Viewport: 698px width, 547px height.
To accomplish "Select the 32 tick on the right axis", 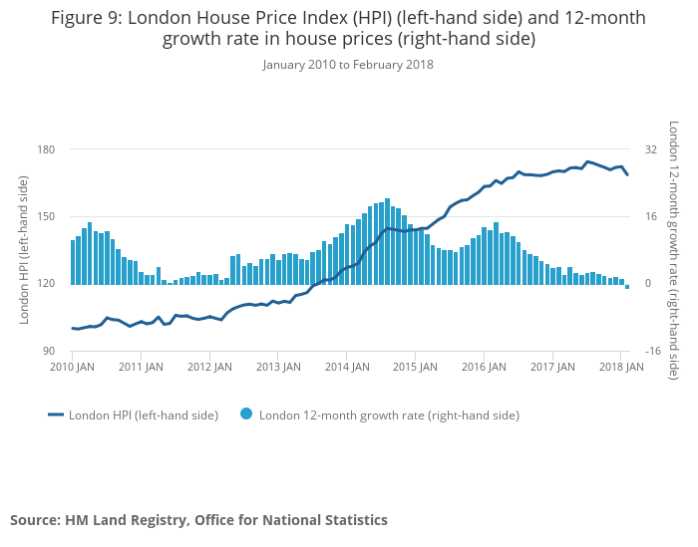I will pos(651,149).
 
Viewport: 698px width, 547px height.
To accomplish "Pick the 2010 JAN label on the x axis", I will pos(72,367).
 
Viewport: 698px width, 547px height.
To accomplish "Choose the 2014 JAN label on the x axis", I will pos(345,367).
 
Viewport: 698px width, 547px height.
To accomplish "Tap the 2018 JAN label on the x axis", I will pos(620,367).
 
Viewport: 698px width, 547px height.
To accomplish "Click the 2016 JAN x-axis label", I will pos(483,367).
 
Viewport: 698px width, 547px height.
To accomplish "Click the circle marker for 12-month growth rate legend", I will pos(246,414).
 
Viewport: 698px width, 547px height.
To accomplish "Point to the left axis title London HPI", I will pos(25,249).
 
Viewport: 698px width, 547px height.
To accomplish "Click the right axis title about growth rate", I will pos(674,249).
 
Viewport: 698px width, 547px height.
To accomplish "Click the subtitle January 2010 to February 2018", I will pos(348,65).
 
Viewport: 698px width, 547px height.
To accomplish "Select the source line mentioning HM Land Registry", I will pos(198,519).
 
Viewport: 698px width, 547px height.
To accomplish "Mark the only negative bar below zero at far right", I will pos(627,286).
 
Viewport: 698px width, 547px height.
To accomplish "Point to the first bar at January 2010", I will pos(73,262).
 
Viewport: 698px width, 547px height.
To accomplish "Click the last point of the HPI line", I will pos(627,175).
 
